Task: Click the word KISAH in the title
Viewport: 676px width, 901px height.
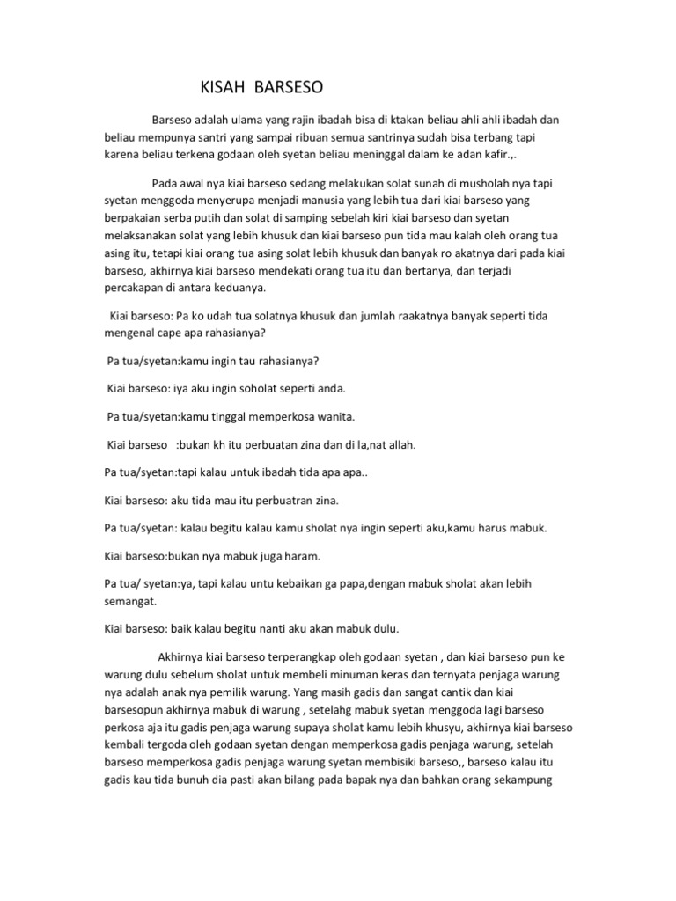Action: click(222, 88)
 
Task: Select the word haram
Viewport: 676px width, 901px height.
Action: click(302, 556)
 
